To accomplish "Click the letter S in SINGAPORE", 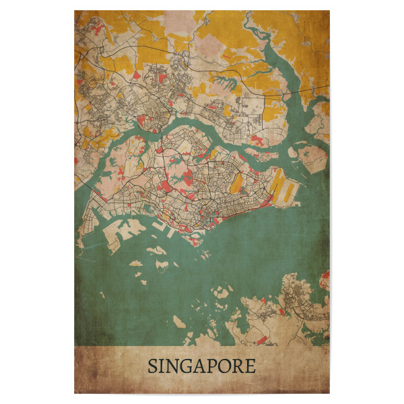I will tap(153, 367).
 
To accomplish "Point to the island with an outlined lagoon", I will tap(157, 250).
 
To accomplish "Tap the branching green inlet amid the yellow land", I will tap(232, 84).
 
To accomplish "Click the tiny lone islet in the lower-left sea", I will tap(102, 294).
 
